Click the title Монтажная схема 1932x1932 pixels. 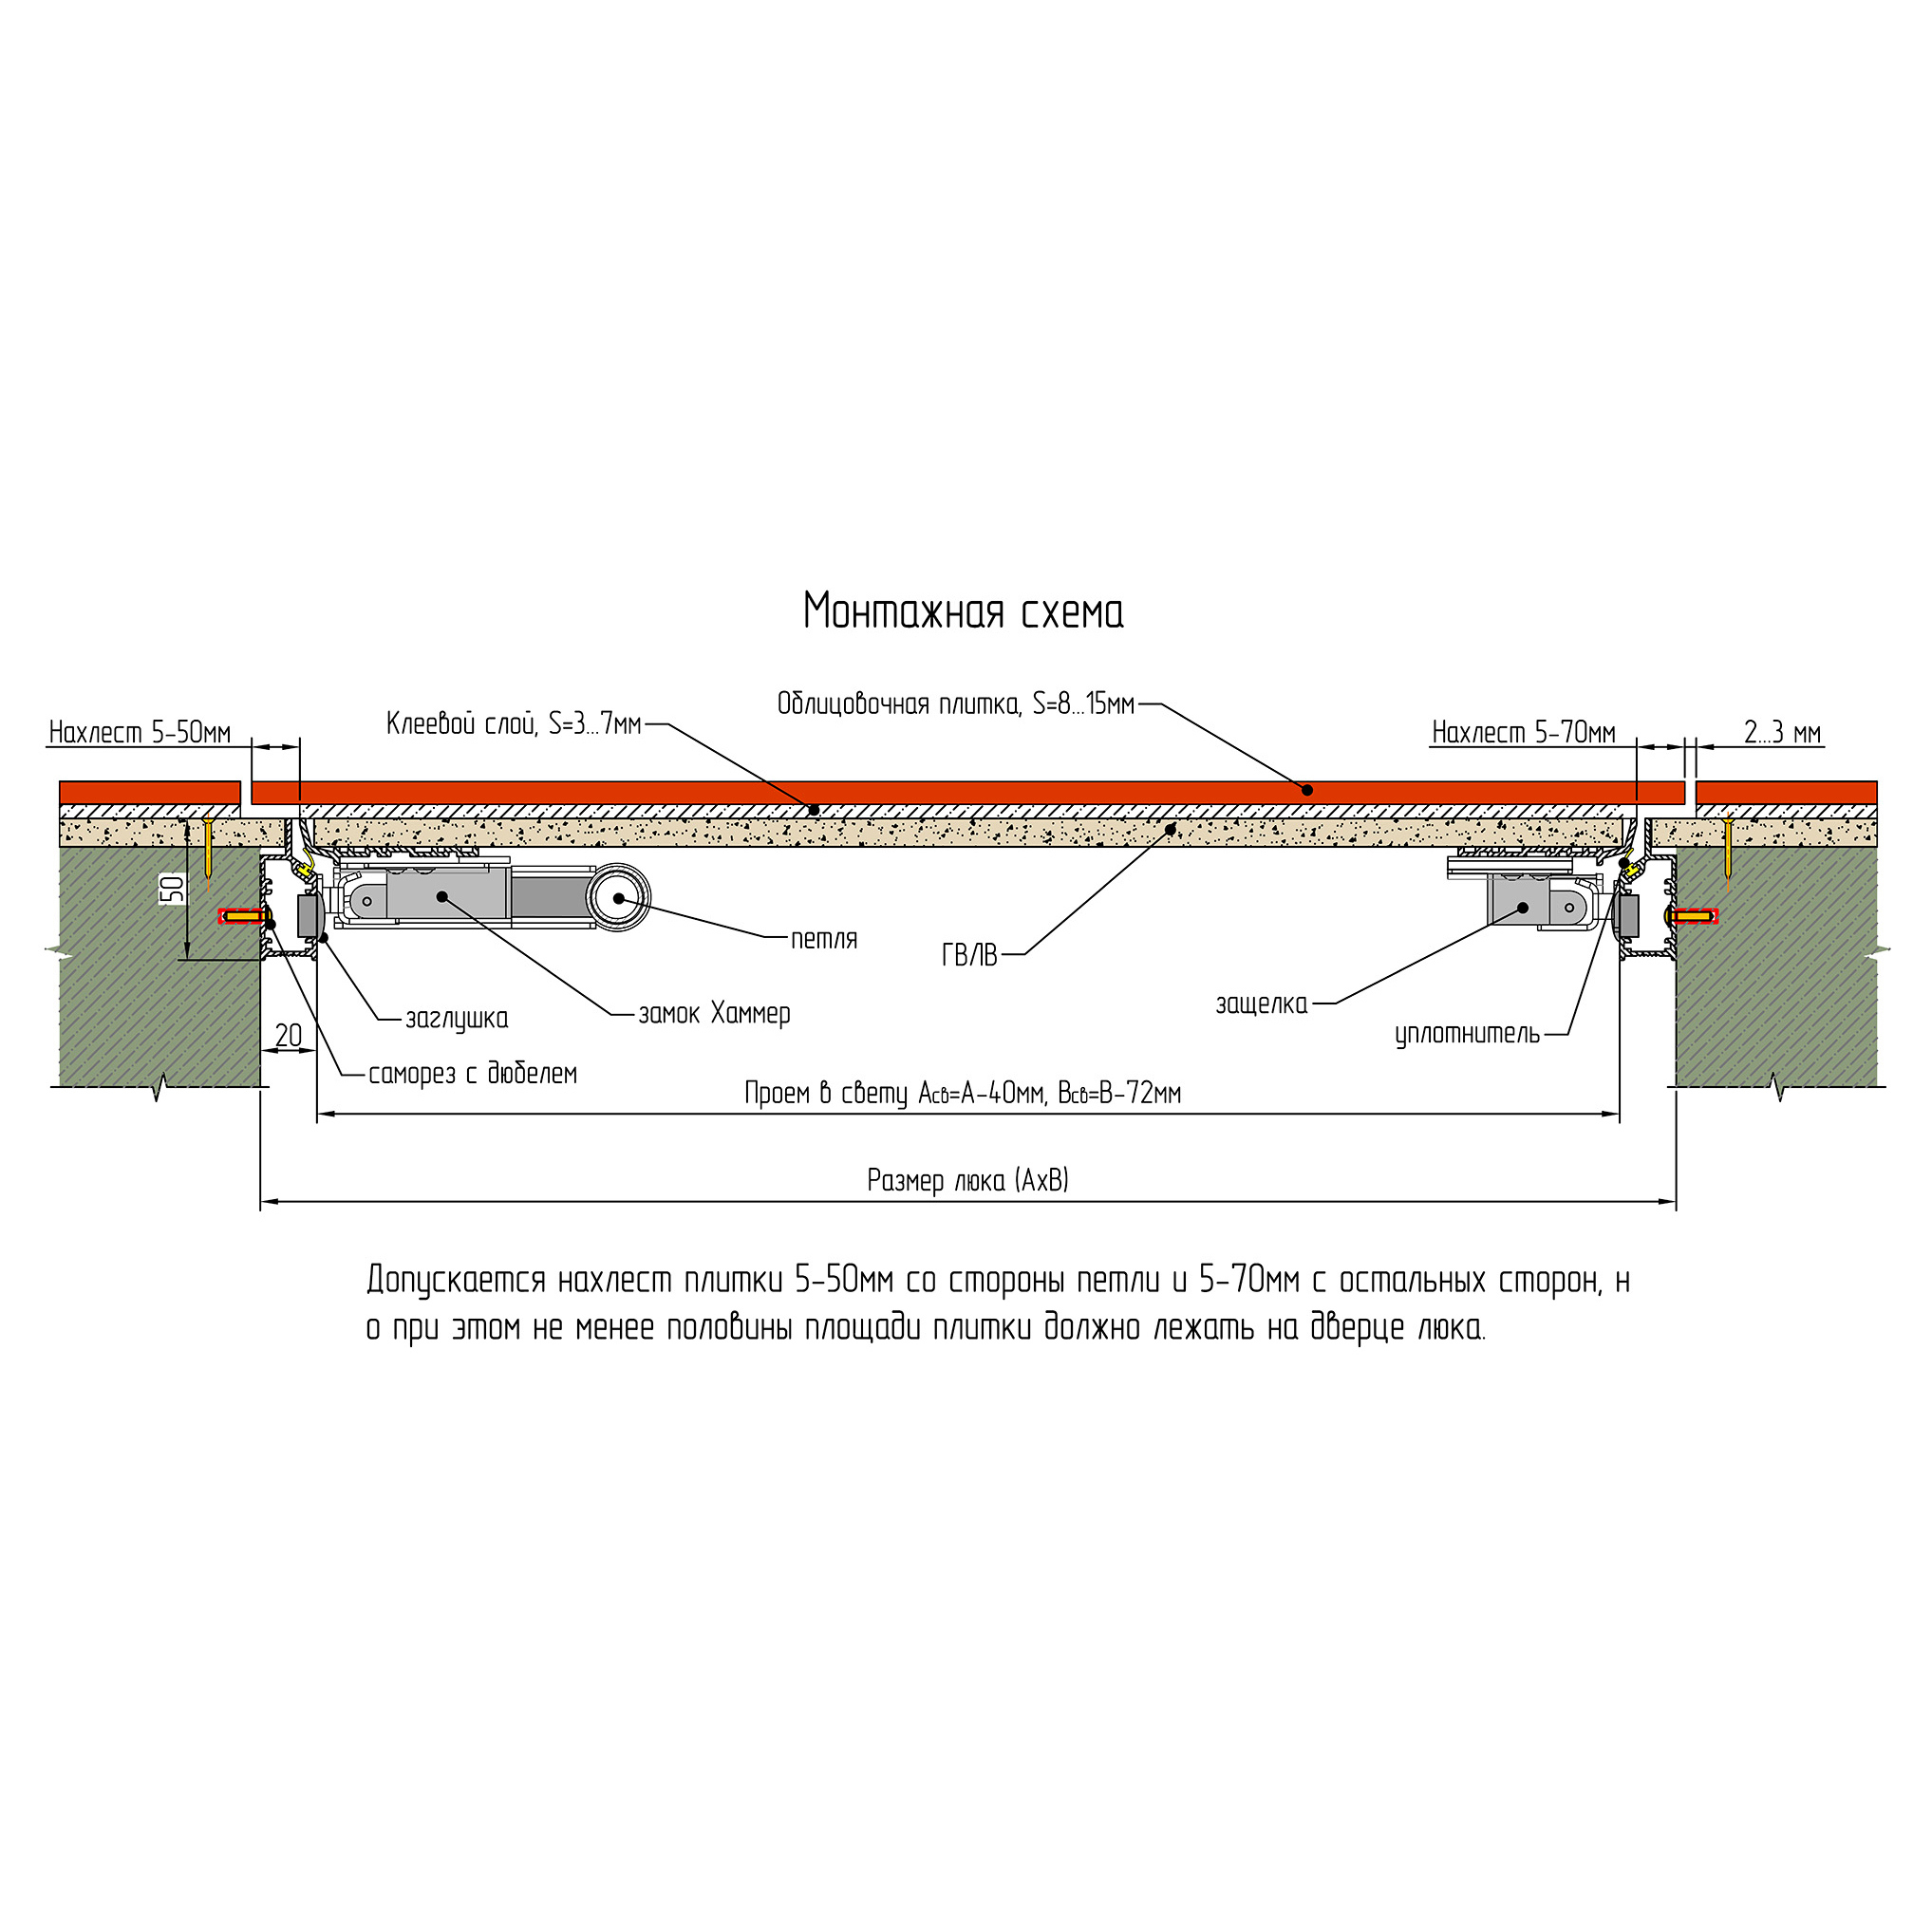963,612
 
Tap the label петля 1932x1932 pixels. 824,939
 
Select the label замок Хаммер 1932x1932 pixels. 714,1014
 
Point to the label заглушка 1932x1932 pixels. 456,1019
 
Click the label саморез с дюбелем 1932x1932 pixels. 473,1074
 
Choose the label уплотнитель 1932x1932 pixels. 1467,1034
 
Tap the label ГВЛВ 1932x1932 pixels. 969,956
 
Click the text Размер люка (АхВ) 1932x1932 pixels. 968,1181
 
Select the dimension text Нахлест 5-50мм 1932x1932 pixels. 140,733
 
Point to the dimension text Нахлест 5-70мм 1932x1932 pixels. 1523,733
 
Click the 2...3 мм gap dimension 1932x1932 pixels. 1782,733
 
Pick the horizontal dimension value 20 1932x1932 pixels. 288,1035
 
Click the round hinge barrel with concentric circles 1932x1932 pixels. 618,898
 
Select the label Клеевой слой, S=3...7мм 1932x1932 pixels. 514,724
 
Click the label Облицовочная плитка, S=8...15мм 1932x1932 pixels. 956,704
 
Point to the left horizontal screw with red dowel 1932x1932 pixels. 242,916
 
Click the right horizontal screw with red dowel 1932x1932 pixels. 1692,915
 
